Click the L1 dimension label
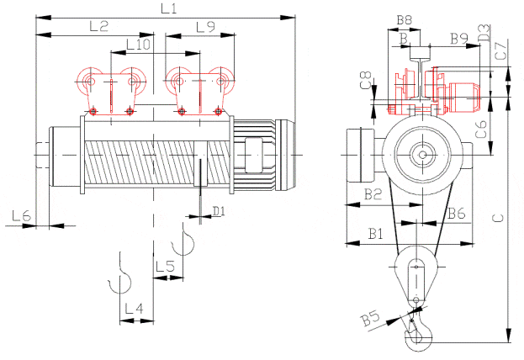point(169,8)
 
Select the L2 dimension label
point(99,26)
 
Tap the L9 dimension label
point(206,27)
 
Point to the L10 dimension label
point(138,45)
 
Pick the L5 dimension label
point(166,267)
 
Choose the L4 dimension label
point(135,308)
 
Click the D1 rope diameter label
point(219,211)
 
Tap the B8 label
point(405,20)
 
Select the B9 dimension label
point(459,39)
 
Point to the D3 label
point(484,33)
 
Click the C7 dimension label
point(501,51)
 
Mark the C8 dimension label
point(366,80)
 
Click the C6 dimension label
point(482,130)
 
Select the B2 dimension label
point(373,193)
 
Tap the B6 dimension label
point(457,213)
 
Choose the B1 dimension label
point(375,234)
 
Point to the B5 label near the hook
point(371,318)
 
